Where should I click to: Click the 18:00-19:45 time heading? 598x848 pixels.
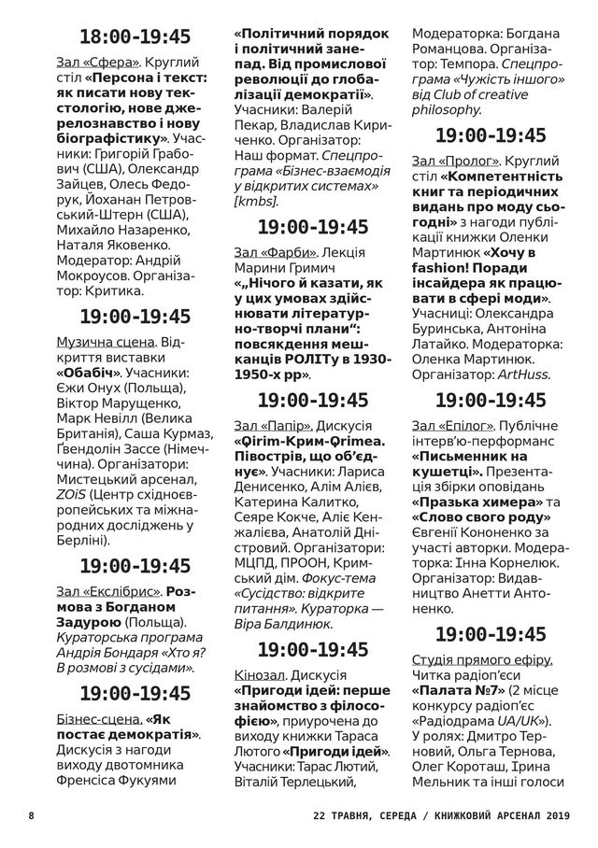click(x=135, y=37)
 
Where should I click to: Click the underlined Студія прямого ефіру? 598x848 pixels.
click(x=481, y=659)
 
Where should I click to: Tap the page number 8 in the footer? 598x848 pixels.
click(x=32, y=815)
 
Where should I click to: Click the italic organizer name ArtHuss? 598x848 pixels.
click(x=522, y=375)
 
